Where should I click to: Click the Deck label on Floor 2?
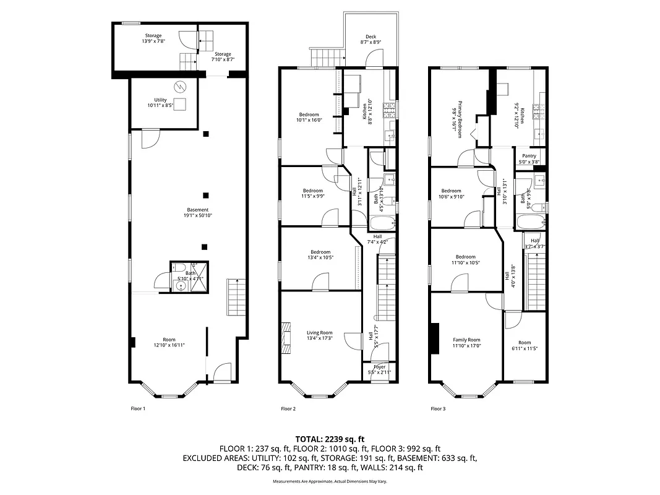371,37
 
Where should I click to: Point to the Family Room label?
466,340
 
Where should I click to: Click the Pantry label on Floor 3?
529,156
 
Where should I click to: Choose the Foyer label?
379,367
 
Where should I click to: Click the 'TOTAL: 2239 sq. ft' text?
330,438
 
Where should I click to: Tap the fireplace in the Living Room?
286,338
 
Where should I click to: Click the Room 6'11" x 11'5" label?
525,346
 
